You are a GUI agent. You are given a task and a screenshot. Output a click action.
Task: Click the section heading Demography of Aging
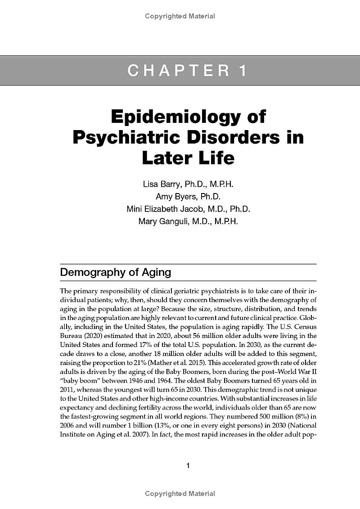pyautogui.click(x=116, y=272)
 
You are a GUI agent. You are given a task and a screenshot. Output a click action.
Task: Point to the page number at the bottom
pyautogui.click(x=188, y=465)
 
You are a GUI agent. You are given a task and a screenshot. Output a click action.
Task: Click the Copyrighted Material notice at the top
pyautogui.click(x=180, y=16)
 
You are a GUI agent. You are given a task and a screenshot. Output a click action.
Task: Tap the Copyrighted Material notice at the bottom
pyautogui.click(x=180, y=494)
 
